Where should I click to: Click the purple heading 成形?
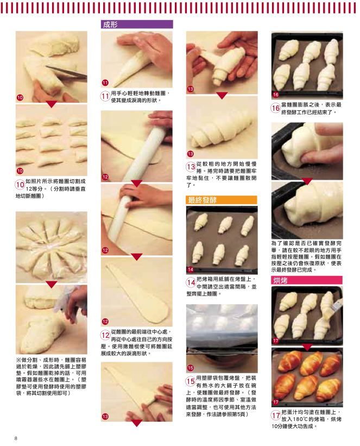click(110, 24)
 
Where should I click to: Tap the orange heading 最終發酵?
click(202, 200)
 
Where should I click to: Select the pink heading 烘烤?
click(280, 280)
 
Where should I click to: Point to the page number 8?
click(16, 438)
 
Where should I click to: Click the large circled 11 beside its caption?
click(105, 96)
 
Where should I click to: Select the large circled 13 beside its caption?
click(191, 167)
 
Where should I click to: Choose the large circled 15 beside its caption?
click(191, 381)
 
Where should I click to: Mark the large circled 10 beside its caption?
click(20, 185)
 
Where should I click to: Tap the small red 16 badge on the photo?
click(275, 95)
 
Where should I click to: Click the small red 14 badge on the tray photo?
click(190, 269)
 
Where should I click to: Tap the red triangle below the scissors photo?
click(52, 104)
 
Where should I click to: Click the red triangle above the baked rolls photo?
click(307, 347)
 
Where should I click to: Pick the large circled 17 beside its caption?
click(276, 416)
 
